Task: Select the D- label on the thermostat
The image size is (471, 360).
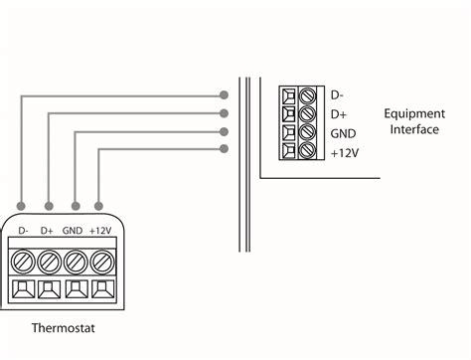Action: pos(22,231)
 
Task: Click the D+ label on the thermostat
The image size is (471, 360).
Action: pos(47,231)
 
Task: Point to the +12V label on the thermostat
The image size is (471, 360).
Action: pos(99,231)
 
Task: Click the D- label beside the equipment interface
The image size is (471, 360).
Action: pos(337,96)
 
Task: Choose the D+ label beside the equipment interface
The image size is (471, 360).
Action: pos(338,114)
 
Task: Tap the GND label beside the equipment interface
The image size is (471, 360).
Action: pos(342,133)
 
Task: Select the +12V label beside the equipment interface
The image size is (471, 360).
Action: pos(344,152)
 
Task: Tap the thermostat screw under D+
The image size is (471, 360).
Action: pos(48,263)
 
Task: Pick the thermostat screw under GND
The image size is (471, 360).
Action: pos(74,263)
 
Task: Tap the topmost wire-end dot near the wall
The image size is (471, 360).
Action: pos(226,95)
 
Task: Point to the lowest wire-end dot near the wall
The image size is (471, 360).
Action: pos(226,149)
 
